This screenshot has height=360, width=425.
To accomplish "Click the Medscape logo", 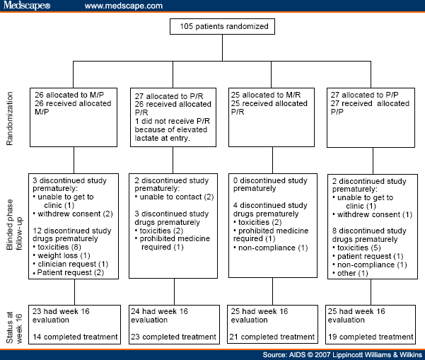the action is click(x=27, y=5).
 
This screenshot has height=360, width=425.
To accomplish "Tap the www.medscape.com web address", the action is click(x=124, y=6).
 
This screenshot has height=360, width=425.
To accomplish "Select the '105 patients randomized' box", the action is click(x=222, y=26).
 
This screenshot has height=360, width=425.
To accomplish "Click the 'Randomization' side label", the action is click(x=9, y=118).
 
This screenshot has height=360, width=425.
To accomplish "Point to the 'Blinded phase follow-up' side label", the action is click(x=14, y=224).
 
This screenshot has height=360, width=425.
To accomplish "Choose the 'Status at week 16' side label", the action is click(x=14, y=327).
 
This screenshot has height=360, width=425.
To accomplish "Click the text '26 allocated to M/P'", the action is click(x=69, y=95).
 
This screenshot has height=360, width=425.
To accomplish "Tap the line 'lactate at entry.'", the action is click(x=163, y=138).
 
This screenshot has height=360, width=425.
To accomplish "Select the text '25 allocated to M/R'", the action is click(x=266, y=95).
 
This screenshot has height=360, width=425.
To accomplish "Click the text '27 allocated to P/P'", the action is click(x=364, y=95).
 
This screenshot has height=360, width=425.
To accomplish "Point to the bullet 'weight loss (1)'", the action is click(x=62, y=255).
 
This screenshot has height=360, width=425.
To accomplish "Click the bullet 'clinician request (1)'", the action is click(x=71, y=264).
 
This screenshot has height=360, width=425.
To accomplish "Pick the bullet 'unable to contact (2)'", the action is click(x=174, y=197).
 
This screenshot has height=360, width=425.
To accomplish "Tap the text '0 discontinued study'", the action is click(x=270, y=180).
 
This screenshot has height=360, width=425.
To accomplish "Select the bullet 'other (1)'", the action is click(x=350, y=273).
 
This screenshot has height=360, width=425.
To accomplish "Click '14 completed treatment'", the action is click(x=75, y=337).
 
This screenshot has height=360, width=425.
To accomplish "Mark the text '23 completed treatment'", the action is click(x=173, y=337).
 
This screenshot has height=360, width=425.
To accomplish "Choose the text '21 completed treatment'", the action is click(x=272, y=337).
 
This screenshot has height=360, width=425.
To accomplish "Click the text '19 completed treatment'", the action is click(x=371, y=337).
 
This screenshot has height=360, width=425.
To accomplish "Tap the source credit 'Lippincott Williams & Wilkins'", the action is click(x=378, y=355).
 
